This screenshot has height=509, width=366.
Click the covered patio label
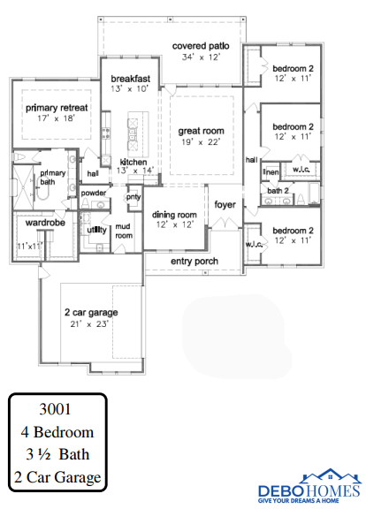[x=201, y=46]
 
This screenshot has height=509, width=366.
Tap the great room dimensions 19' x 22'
[x=201, y=142]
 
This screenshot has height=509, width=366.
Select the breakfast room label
[x=131, y=79]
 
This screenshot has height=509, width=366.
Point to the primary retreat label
[x=57, y=108]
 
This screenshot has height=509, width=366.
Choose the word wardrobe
[x=45, y=223]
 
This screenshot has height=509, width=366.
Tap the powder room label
[x=94, y=193]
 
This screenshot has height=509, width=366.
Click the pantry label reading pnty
[x=133, y=197]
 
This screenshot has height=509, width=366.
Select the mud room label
[x=124, y=231]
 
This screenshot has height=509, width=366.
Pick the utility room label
[x=96, y=230]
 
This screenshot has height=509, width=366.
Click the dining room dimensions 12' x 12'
[x=175, y=224]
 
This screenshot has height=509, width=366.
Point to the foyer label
[x=225, y=205]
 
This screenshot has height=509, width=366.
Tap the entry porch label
[x=194, y=262]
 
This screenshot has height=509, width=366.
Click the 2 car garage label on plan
[x=91, y=312]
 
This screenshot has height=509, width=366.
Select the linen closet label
[x=271, y=171]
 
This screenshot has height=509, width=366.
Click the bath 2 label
[x=278, y=191]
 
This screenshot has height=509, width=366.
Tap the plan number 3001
[x=55, y=408]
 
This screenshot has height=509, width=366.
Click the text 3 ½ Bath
[x=57, y=454]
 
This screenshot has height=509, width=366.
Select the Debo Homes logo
[x=309, y=486]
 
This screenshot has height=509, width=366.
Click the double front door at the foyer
[x=225, y=223]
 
